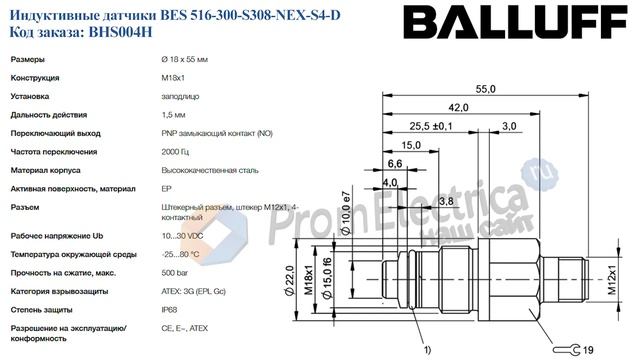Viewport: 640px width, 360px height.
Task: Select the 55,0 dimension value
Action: click(486, 89)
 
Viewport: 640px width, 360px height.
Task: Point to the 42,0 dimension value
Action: click(458, 107)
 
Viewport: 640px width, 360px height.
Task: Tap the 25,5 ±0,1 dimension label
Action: click(431, 126)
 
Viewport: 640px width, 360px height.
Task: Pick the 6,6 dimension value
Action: click(394, 163)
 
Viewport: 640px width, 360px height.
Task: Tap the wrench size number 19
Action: click(588, 348)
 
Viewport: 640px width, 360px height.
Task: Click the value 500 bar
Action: click(176, 273)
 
